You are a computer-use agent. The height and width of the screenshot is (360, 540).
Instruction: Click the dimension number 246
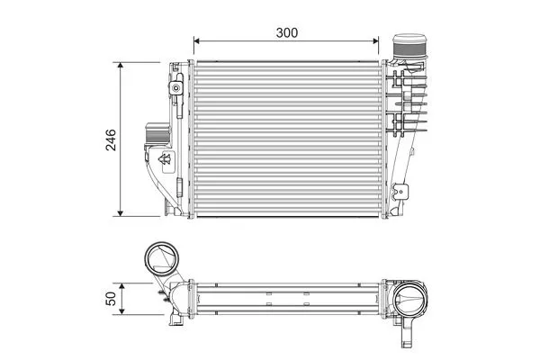pos(111,139)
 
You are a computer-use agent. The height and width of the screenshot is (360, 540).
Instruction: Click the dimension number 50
pos(111,298)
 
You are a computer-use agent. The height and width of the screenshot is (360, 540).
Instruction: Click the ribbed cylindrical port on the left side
pos(154,136)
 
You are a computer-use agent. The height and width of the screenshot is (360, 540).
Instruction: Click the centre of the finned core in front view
pos(287,139)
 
